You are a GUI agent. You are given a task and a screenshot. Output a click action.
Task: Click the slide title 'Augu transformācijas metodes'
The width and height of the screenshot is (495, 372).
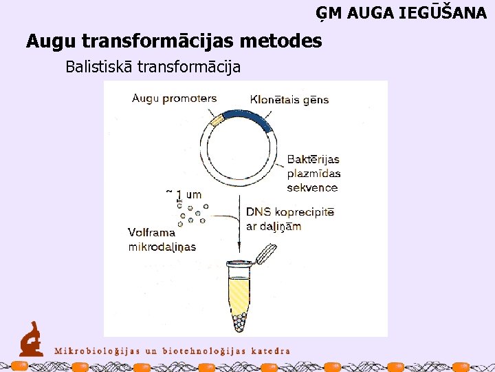174,41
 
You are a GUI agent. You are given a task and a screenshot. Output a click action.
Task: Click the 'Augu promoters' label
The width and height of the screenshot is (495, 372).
174,98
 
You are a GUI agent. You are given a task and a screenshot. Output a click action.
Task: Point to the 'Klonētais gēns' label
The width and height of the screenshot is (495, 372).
289,99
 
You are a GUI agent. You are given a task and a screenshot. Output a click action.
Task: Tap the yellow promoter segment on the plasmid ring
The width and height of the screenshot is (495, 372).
217,121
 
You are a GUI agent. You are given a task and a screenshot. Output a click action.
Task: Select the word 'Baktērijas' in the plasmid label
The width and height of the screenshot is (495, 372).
313,160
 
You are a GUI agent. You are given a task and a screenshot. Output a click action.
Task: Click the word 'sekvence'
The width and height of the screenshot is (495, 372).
312,187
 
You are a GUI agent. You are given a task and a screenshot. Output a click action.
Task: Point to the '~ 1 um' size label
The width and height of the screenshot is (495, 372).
184,194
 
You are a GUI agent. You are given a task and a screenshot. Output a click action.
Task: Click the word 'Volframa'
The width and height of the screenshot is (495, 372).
151,233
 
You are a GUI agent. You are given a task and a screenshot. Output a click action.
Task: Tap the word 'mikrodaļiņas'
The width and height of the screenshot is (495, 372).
162,247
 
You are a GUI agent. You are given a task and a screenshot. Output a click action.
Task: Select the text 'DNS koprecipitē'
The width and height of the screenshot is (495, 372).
289,211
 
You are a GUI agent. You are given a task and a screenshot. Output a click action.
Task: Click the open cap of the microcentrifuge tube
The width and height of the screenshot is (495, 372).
265,255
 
